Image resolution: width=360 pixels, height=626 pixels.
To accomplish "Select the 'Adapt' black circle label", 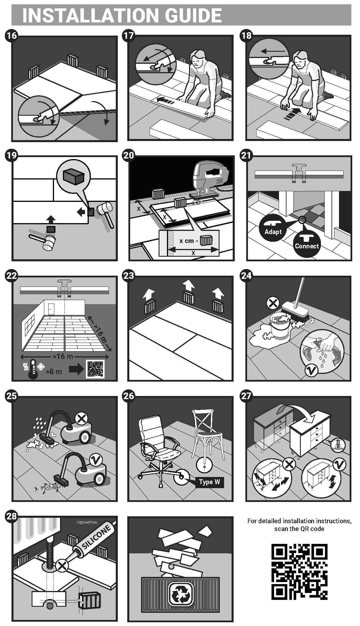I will (273, 229).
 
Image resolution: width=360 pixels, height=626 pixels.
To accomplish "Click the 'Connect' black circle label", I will (307, 243).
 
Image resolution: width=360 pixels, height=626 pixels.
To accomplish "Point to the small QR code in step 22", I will (95, 369).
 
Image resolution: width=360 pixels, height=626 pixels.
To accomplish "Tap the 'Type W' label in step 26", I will (209, 482).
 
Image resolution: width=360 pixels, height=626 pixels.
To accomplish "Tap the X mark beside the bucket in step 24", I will (273, 303).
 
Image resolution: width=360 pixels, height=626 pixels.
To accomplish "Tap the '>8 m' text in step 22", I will (54, 372).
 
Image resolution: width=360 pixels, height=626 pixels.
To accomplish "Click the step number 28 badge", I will (11, 516).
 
